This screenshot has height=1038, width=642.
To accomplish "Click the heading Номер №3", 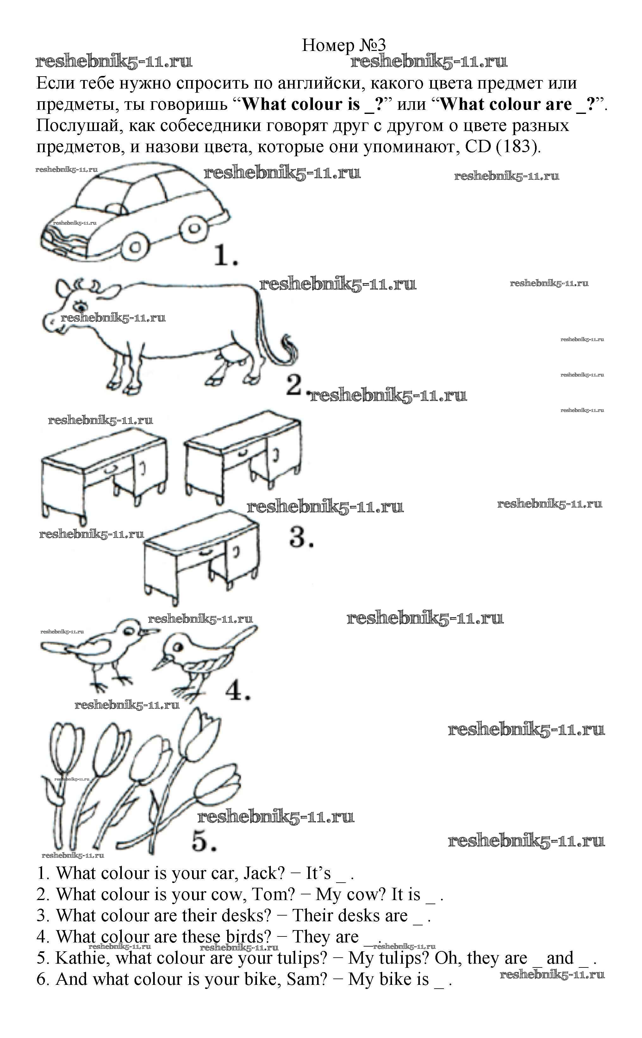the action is (344, 45).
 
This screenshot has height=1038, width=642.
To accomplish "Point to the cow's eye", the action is (79, 304).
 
